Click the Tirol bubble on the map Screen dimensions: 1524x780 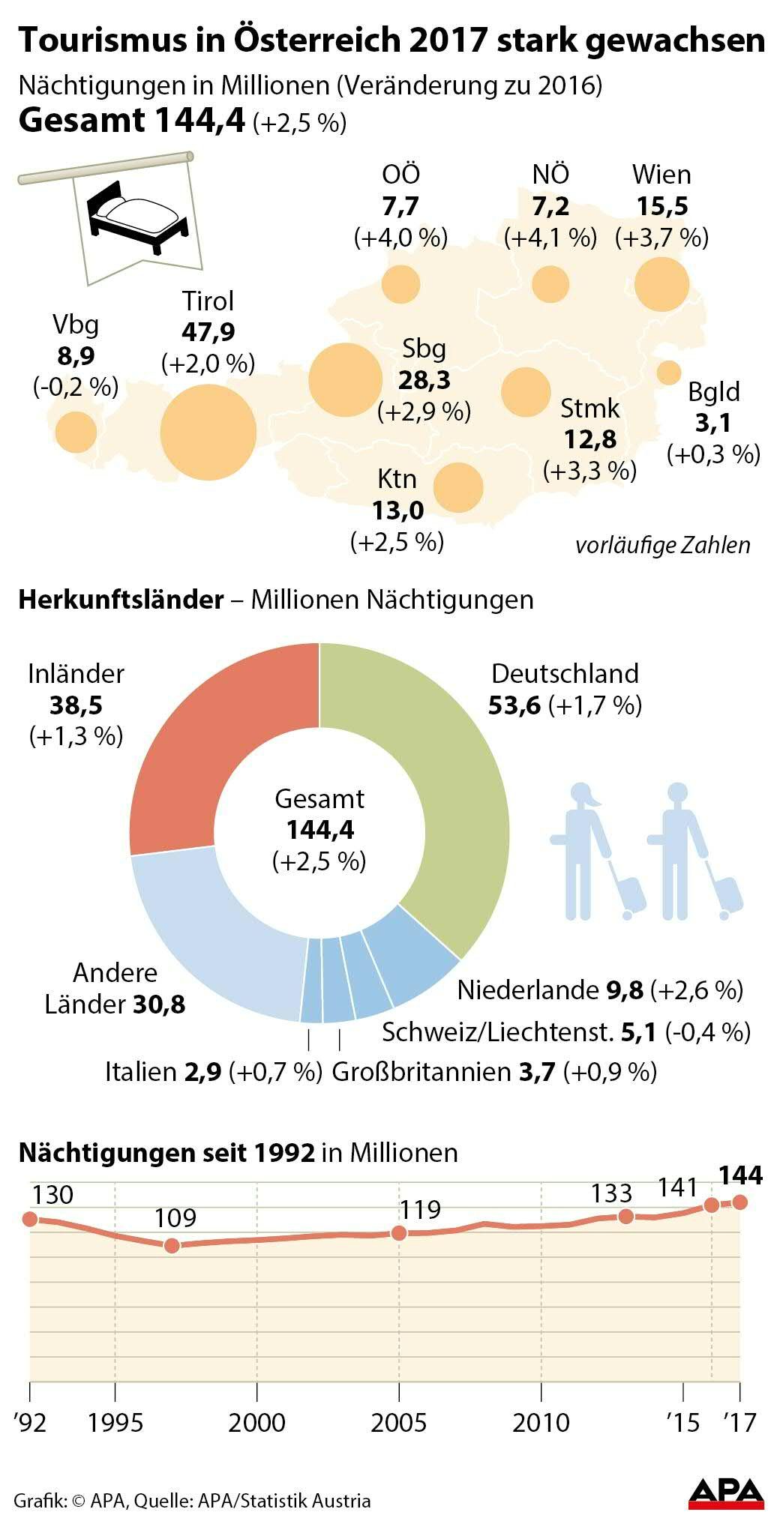[x=208, y=433]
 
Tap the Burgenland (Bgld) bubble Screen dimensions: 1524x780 [x=668, y=372]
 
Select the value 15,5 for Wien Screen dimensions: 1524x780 [x=661, y=206]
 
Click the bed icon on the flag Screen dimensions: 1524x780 [x=138, y=216]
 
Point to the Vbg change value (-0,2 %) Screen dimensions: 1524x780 [x=76, y=388]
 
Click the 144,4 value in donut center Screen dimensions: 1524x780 [x=319, y=830]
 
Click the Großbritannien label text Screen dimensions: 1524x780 [x=421, y=1072]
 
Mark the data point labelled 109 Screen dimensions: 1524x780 [x=172, y=1245]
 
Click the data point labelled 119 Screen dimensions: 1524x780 [x=399, y=1233]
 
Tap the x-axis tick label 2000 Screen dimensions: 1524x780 [x=257, y=1422]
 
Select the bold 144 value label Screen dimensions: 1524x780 [x=739, y=1175]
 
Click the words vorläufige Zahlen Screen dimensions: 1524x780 [x=662, y=545]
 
